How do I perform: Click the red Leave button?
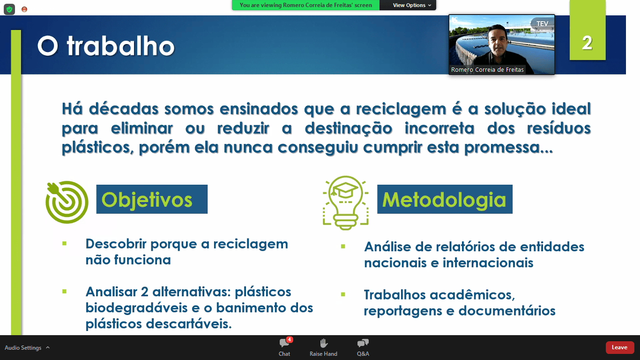619,347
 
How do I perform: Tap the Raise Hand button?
323,347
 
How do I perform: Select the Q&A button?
363,347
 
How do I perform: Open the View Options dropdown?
412,5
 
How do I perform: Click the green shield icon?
9,9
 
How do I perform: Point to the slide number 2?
587,43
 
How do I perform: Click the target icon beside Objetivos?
67,202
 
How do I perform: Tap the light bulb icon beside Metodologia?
345,203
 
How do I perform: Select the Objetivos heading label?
152,199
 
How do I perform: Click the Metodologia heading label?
445,199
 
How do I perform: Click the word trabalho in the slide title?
120,46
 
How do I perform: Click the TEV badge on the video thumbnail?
542,23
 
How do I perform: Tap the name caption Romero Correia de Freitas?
487,69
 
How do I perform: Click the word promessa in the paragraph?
508,148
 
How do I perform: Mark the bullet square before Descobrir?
64,244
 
